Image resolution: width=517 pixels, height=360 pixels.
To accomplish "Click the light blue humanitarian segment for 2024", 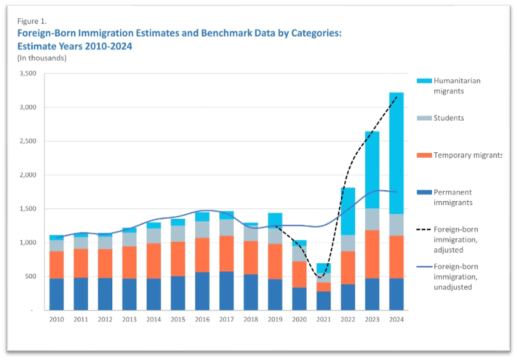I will tap(396, 153).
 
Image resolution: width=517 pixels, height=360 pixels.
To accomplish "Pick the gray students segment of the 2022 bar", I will tap(347, 243).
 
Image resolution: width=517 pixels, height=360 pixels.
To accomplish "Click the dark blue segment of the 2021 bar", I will tap(324, 301).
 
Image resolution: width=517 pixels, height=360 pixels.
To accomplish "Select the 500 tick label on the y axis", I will tap(31, 277).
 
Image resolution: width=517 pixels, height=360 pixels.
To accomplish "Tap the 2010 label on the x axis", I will tap(57, 320).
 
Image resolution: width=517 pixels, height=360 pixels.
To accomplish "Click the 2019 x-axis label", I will tap(275, 320).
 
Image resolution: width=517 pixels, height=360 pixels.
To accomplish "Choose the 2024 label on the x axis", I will tap(396, 320).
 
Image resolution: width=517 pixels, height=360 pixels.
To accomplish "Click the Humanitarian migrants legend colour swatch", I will tap(425, 81).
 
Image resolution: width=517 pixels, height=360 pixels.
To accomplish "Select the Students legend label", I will tap(449, 118).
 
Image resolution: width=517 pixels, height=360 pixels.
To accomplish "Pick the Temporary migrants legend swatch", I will tap(425, 155).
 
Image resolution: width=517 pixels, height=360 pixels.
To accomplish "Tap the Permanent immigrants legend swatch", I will tap(425, 193).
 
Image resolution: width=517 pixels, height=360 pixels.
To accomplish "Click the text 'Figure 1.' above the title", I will tap(31, 21).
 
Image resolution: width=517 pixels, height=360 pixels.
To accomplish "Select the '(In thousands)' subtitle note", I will tap(42, 58).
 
